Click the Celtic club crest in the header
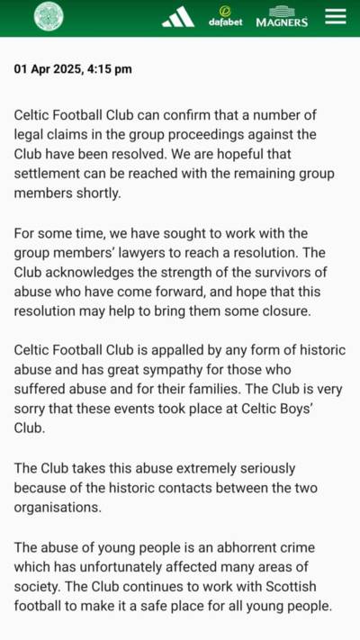[49, 17]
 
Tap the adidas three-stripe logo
[177, 17]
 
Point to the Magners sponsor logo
[282, 18]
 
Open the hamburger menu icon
[335, 17]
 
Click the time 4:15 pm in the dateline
[108, 68]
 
